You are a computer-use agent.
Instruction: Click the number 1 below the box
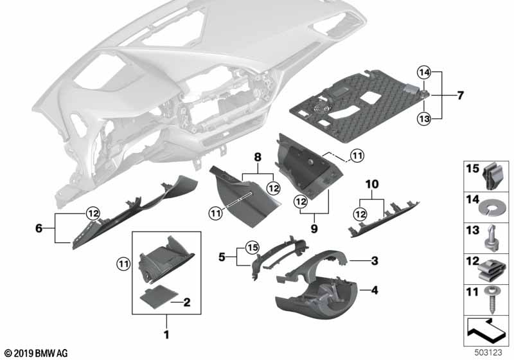pos(166,334)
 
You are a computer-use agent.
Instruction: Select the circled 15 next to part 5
pos(251,246)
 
